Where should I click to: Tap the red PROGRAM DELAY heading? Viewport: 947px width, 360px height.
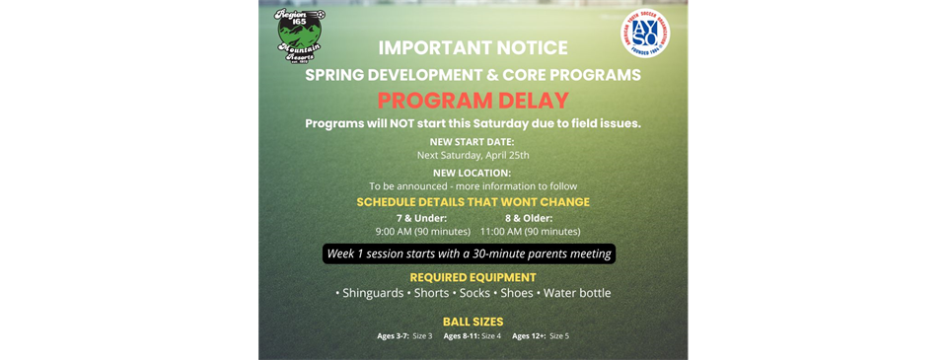[x=473, y=100]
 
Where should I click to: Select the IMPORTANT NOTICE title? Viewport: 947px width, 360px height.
[x=473, y=47]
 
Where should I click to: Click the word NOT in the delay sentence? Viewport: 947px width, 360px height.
[x=401, y=123]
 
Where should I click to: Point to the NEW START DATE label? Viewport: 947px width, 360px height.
[x=472, y=142]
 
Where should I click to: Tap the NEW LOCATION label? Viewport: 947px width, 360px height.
[x=472, y=172]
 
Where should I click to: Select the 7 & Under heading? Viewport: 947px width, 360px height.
[x=421, y=218]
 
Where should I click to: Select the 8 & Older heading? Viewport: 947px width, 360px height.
[x=529, y=218]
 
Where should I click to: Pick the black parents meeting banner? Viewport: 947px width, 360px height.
[x=470, y=254]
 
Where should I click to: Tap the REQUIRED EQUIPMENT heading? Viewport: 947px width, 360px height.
[x=473, y=277]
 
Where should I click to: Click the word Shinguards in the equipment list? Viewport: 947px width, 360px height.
[x=372, y=293]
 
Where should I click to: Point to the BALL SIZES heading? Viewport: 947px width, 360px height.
[x=473, y=322]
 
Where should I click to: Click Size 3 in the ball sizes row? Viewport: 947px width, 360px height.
[x=422, y=336]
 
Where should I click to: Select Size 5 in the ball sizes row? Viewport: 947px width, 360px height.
[x=558, y=336]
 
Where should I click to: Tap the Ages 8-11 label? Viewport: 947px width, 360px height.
[x=461, y=336]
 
